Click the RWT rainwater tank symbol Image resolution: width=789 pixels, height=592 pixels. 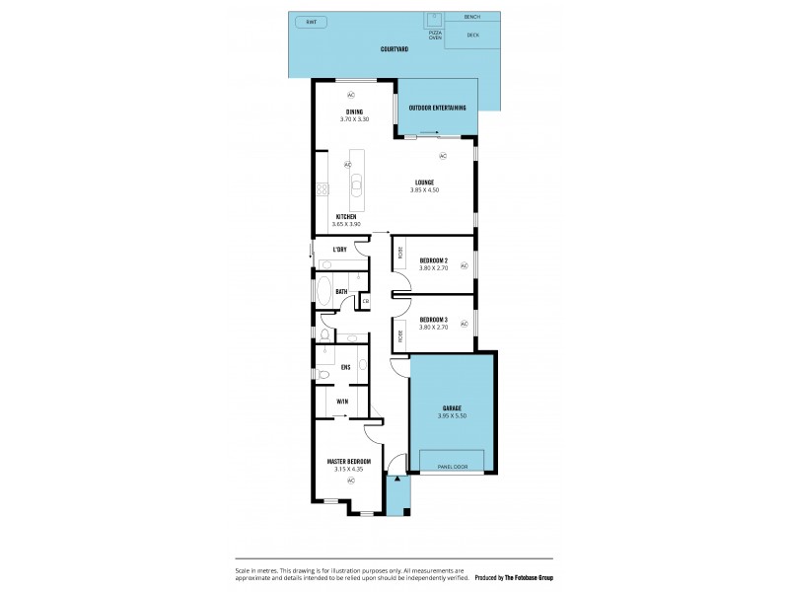[312, 22]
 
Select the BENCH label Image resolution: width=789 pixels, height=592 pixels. [472, 18]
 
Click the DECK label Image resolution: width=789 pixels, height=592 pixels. [472, 36]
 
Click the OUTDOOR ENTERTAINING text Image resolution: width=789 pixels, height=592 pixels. [437, 108]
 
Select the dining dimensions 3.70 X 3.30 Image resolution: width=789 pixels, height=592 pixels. [354, 119]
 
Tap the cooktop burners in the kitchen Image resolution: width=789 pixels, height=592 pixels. [321, 189]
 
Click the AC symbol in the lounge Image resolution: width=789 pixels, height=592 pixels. [442, 156]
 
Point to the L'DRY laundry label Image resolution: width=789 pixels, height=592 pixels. [339, 250]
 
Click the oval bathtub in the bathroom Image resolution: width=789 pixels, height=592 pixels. [324, 291]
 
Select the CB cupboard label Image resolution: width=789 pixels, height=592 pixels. [365, 301]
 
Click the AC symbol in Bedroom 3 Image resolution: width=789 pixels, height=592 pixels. [464, 323]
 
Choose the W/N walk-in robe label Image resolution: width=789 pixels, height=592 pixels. [341, 402]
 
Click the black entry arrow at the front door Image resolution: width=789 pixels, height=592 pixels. [396, 478]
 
